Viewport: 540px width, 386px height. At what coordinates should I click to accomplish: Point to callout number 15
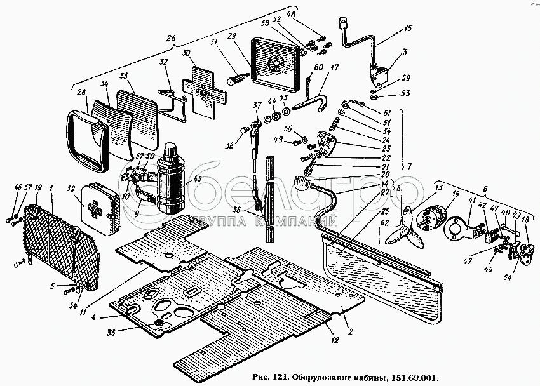pos(408,29)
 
